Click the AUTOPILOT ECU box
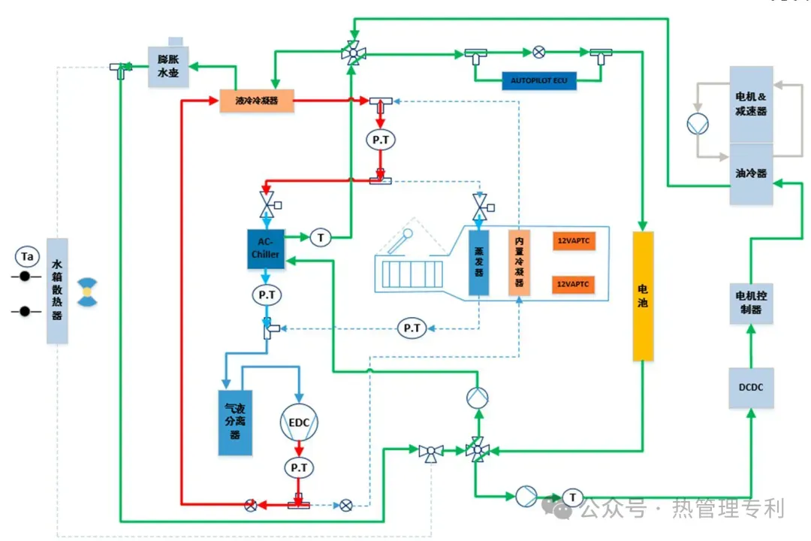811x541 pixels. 538,80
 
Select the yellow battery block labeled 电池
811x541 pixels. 644,296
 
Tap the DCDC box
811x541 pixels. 750,388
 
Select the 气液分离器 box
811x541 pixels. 235,422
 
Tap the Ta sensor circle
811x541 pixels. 27,257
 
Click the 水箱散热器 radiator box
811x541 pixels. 57,291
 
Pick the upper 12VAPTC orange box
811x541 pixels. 574,241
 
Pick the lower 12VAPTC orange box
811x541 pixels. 574,285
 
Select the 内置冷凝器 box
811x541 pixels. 519,262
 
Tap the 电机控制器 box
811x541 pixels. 750,304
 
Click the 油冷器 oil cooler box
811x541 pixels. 751,174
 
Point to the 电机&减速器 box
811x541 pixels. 751,104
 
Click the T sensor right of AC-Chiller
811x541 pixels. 321,237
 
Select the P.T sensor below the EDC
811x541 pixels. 299,468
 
